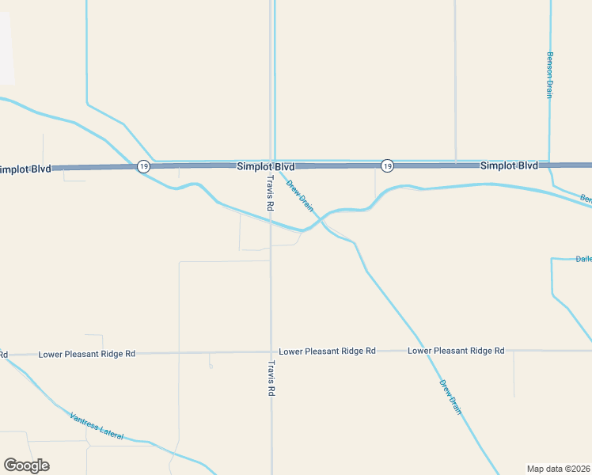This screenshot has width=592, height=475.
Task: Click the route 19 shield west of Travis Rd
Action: pyautogui.click(x=142, y=166)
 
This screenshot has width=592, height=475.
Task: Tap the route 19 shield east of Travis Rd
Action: pyautogui.click(x=386, y=165)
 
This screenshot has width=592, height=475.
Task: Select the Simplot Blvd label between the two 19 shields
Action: pyautogui.click(x=265, y=167)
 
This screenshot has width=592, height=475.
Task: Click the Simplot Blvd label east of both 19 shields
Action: pyautogui.click(x=509, y=165)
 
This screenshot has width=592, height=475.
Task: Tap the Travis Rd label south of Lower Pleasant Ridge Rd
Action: pyautogui.click(x=271, y=378)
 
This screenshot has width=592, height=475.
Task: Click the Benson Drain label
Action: pyautogui.click(x=549, y=75)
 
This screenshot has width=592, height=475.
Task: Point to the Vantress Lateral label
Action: pyautogui.click(x=97, y=426)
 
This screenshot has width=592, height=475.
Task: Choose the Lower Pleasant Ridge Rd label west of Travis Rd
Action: pyautogui.click(x=87, y=353)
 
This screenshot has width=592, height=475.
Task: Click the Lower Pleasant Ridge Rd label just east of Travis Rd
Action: pyautogui.click(x=327, y=351)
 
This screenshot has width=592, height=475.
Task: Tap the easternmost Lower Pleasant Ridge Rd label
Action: pyautogui.click(x=456, y=350)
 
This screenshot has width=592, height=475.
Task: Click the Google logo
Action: pyautogui.click(x=26, y=465)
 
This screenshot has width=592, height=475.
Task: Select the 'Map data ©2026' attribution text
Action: pyautogui.click(x=558, y=469)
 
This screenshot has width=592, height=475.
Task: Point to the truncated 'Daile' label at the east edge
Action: pyautogui.click(x=583, y=258)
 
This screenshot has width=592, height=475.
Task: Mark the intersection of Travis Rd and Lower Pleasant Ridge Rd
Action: pyautogui.click(x=271, y=352)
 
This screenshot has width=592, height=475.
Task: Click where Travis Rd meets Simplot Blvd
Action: pyautogui.click(x=271, y=166)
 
